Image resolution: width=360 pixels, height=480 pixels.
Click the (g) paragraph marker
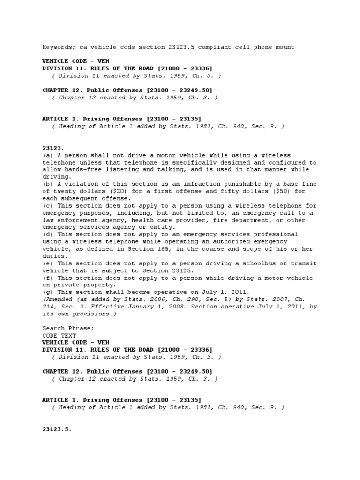47,292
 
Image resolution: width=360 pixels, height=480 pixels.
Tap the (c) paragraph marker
47,206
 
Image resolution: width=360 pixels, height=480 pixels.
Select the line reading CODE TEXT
58,335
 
